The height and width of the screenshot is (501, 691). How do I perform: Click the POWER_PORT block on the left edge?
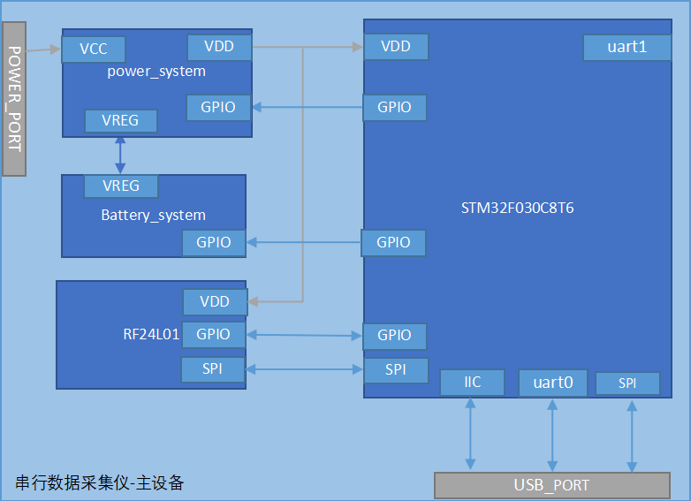point(14,98)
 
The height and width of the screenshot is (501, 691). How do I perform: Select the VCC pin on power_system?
point(93,49)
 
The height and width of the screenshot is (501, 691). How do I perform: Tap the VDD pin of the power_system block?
point(219,47)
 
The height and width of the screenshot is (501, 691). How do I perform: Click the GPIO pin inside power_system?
point(218,108)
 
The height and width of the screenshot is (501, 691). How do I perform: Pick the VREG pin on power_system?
point(120,121)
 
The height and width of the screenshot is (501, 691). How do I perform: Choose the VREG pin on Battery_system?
point(120,186)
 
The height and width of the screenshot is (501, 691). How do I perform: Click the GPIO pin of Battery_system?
point(214,243)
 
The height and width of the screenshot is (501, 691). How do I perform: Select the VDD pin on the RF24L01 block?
point(215,302)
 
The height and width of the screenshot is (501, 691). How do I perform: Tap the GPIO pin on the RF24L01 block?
point(214,335)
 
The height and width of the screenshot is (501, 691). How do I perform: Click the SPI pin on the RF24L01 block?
point(213,369)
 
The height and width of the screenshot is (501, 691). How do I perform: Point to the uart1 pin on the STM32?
point(626,48)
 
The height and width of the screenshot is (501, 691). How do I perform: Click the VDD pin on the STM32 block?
point(395,47)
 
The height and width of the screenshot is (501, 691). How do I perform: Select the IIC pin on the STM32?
point(472,383)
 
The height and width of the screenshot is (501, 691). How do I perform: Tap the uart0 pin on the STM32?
point(552,383)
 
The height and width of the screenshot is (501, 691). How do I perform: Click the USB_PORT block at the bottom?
point(551,485)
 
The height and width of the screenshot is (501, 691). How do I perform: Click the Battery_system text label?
point(153,215)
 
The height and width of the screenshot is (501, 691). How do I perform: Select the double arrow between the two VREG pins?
point(120,154)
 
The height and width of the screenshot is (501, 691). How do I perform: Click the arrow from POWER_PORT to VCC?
point(43,50)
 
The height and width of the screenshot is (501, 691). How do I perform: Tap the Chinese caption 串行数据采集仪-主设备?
point(100,482)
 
